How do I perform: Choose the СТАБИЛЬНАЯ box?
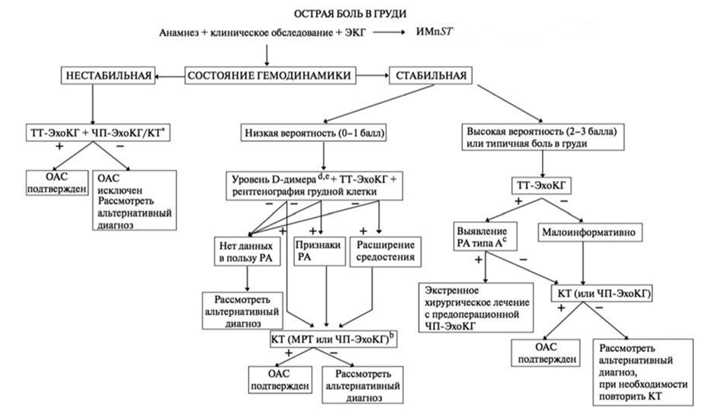[x=427, y=75]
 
